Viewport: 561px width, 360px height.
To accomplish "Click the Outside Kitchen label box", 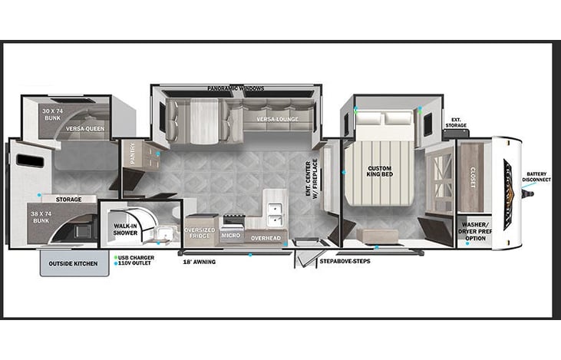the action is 74,263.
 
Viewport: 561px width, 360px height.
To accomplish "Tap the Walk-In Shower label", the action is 125,230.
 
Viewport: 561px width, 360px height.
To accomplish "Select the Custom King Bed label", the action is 380,171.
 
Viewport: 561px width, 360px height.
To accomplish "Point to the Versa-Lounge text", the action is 277,119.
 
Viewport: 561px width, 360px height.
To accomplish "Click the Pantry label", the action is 133,154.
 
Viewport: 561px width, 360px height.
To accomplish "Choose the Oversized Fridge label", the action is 200,233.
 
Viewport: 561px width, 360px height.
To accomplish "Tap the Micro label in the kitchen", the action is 231,235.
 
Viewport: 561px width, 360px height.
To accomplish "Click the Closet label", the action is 473,177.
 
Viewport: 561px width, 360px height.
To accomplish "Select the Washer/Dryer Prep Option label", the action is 475,231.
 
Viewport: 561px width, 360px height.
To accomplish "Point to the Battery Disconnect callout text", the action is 536,177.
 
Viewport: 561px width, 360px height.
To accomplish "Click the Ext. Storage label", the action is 456,122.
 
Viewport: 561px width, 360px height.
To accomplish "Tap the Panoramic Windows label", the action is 236,88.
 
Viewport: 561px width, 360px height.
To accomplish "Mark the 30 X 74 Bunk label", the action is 53,114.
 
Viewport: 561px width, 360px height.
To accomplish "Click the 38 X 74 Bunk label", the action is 41,217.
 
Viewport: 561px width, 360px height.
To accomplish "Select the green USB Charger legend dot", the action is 116,257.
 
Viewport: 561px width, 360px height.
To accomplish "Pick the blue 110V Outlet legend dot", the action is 116,263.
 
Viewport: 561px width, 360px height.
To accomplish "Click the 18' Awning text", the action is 200,262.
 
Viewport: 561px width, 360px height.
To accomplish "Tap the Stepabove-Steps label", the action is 345,261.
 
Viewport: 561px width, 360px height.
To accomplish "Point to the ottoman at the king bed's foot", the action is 377,236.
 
